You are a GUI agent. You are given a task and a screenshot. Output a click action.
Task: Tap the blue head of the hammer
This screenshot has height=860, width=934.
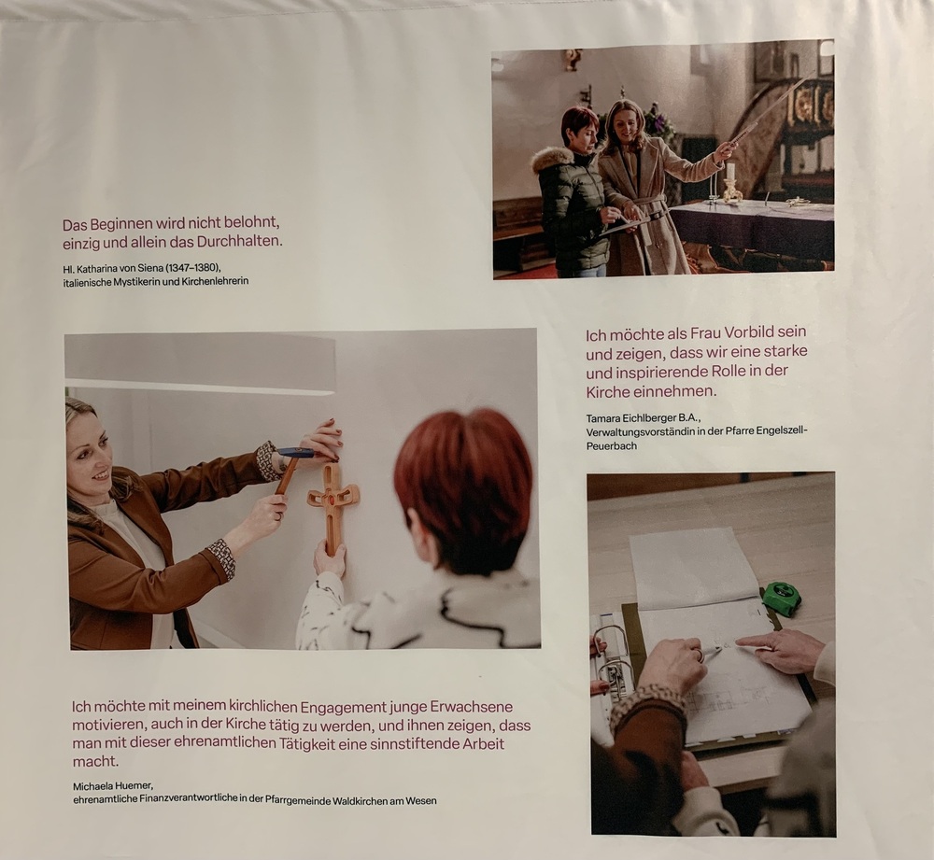(x=297, y=453)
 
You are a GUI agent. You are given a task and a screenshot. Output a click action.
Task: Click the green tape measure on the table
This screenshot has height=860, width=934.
(x=784, y=599)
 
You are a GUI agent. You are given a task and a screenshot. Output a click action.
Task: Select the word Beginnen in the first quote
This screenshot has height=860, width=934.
(x=118, y=225)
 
